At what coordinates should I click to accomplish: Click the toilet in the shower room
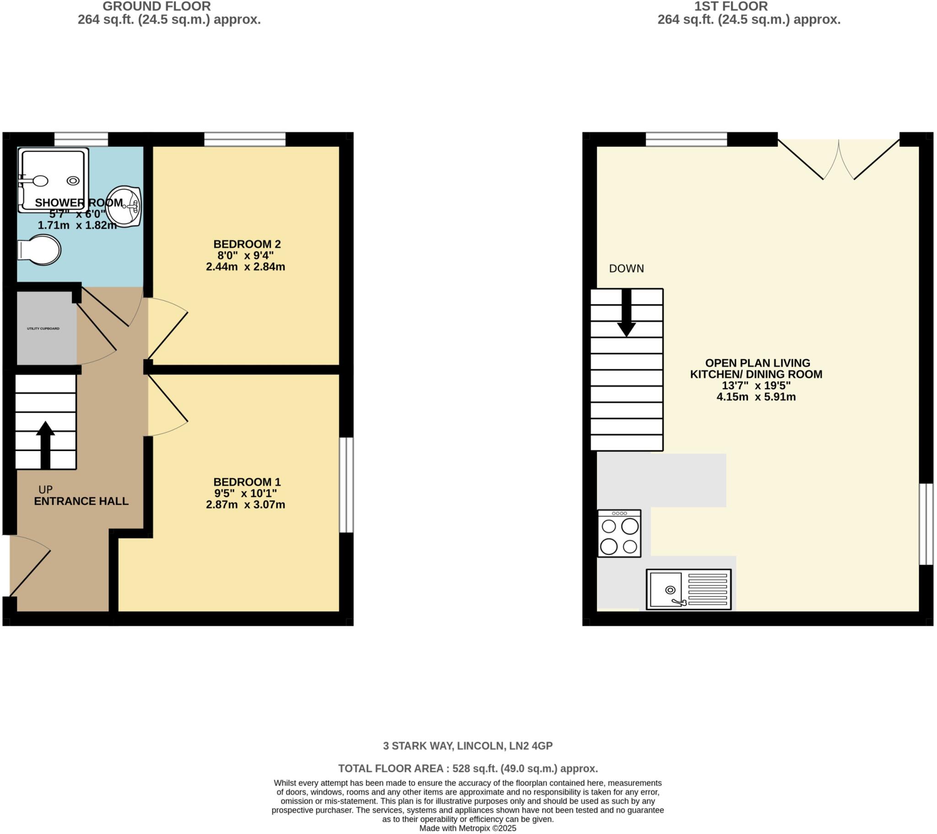click(40, 250)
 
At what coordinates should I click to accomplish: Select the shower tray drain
click(73, 181)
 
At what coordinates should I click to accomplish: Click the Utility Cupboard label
click(43, 329)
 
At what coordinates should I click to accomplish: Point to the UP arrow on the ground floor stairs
click(45, 444)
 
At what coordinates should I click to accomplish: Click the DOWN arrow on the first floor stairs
click(626, 314)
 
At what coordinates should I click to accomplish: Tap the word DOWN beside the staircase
click(626, 269)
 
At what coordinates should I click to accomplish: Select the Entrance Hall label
click(81, 501)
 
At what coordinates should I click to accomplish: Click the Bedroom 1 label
click(247, 482)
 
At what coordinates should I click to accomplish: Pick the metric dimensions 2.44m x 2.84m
click(245, 267)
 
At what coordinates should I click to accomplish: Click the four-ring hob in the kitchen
click(619, 534)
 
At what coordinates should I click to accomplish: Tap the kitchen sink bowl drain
click(670, 590)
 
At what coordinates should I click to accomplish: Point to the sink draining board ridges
click(707, 590)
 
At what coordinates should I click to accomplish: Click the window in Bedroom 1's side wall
click(346, 485)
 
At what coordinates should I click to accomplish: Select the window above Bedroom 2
click(245, 139)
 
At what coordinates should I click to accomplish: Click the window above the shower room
click(81, 139)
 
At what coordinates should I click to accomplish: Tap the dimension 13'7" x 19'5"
click(756, 386)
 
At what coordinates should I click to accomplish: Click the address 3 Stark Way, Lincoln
click(468, 746)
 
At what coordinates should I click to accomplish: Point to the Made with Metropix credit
click(468, 829)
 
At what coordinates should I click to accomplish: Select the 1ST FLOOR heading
click(731, 6)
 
